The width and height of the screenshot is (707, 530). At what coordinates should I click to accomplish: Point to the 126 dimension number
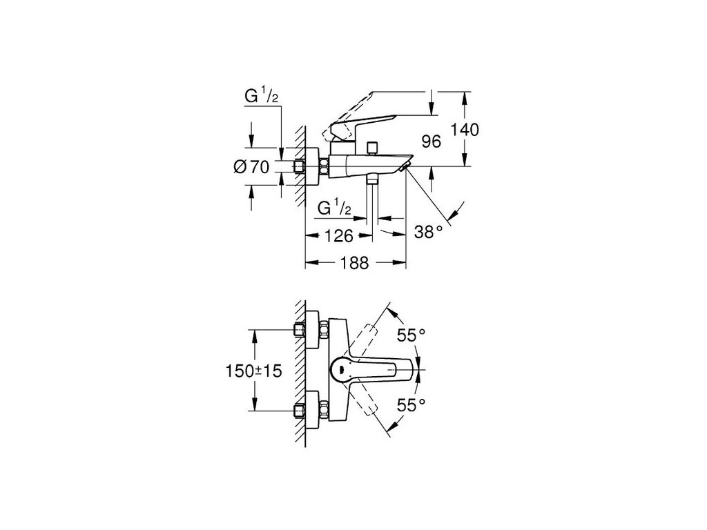pos(339,236)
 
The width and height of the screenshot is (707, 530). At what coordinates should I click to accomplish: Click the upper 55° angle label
pos(411,336)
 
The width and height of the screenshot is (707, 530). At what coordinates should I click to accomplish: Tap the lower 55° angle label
pos(411,405)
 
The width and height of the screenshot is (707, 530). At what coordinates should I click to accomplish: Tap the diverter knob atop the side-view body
pos(374,147)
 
